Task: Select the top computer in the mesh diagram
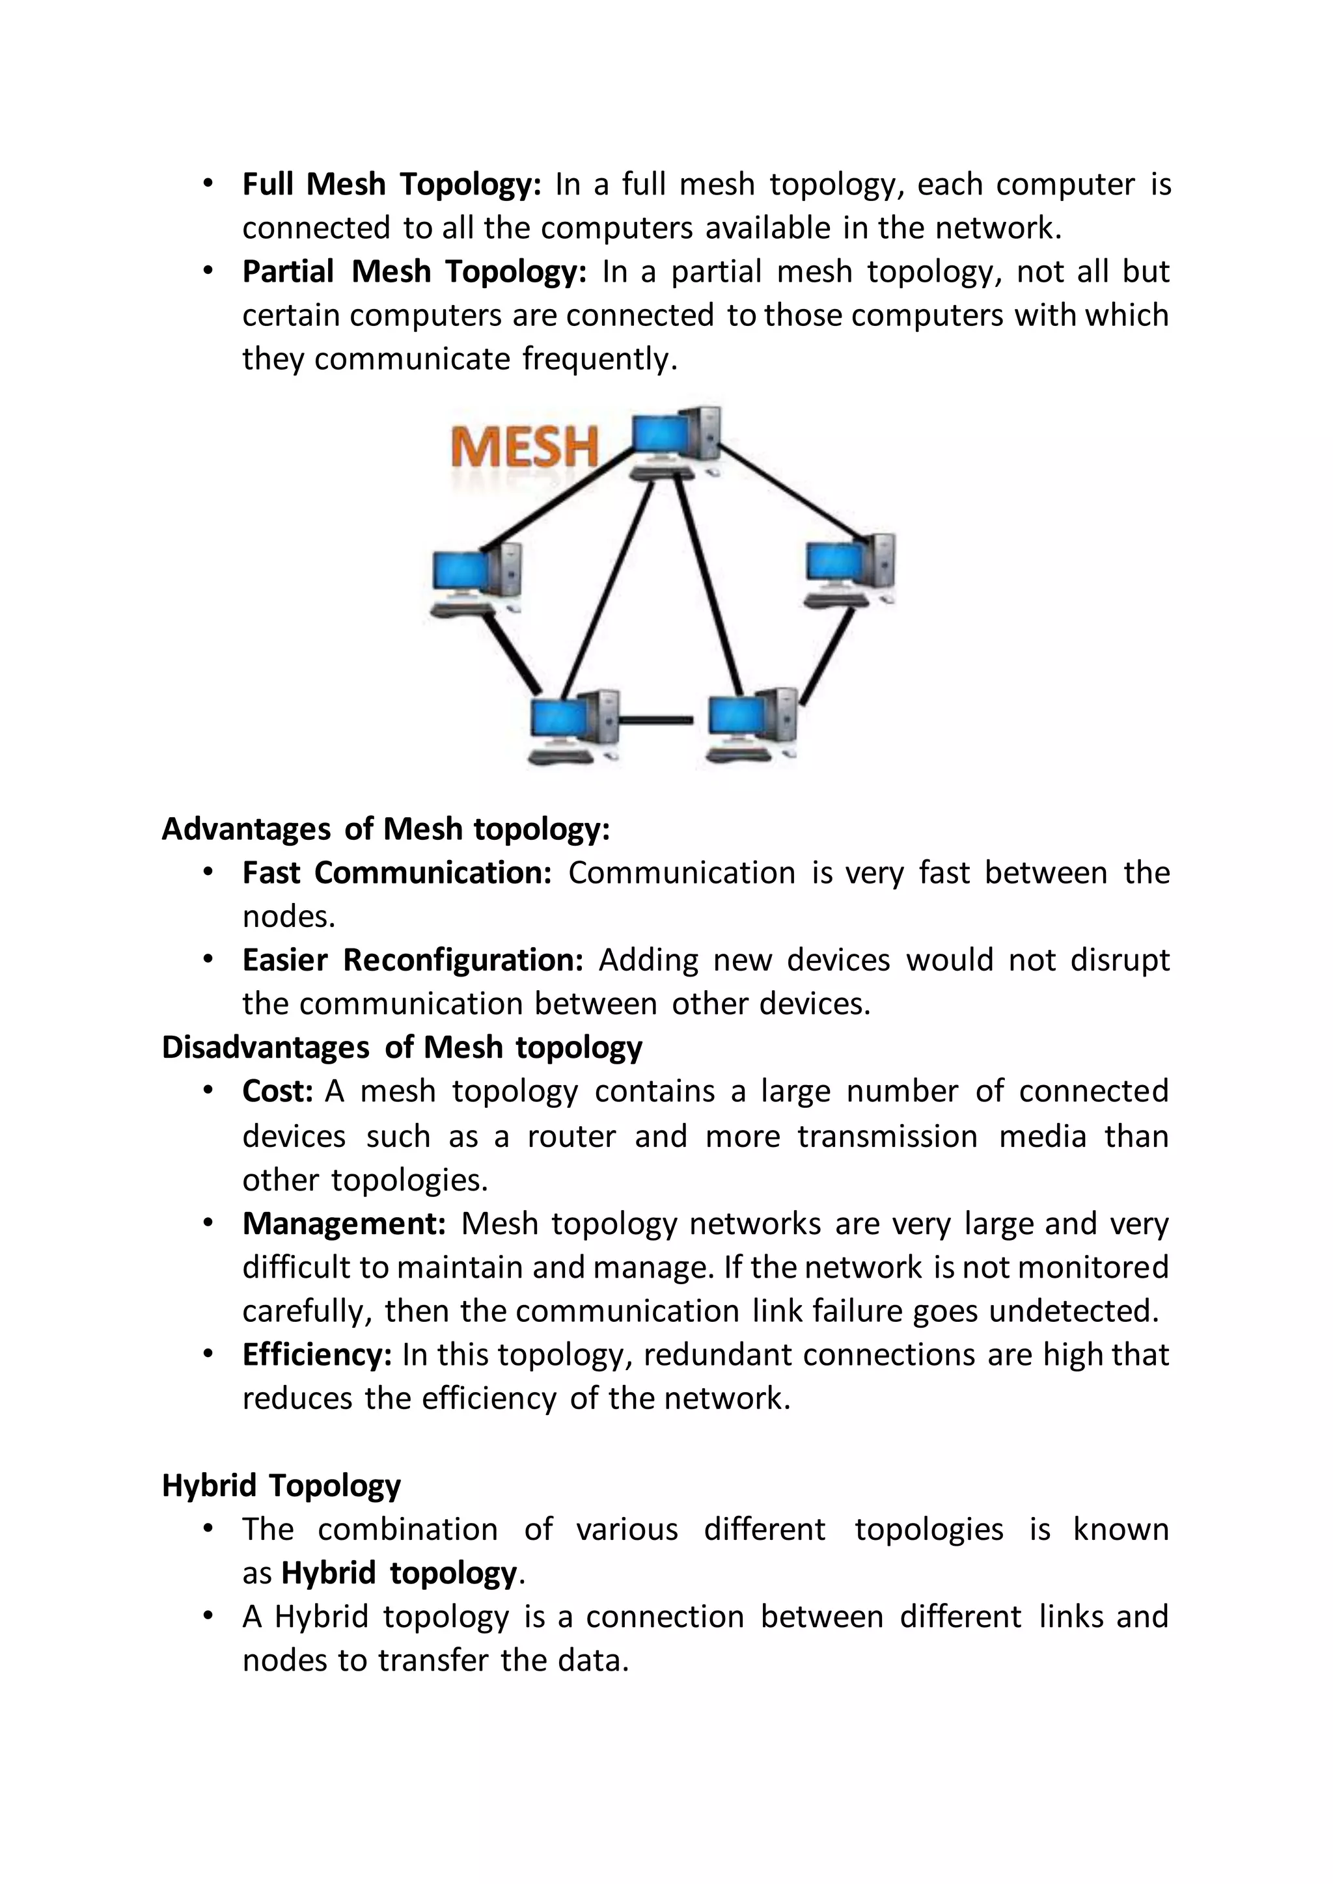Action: click(675, 442)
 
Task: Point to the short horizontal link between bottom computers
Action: click(657, 720)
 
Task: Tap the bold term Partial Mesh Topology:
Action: click(414, 271)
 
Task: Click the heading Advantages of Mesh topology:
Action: click(386, 829)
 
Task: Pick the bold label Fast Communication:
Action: click(396, 873)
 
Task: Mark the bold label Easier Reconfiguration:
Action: click(412, 960)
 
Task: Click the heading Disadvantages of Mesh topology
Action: click(402, 1048)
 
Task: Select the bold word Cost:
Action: click(277, 1092)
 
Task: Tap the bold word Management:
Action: click(344, 1224)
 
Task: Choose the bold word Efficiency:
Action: click(317, 1354)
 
